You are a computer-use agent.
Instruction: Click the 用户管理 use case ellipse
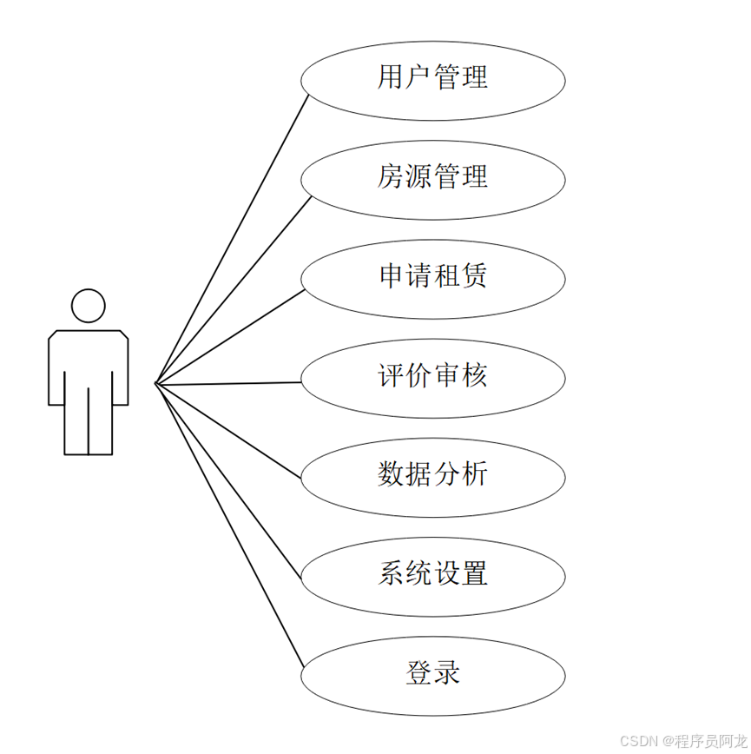(x=432, y=78)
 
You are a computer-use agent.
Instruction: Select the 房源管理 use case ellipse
(x=432, y=177)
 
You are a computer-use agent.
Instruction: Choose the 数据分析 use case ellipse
(x=432, y=475)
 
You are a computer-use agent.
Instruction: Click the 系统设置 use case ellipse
(x=432, y=574)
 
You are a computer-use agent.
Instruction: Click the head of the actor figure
(x=88, y=306)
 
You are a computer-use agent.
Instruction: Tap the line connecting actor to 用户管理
(x=233, y=238)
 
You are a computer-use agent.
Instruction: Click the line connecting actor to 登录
(x=230, y=526)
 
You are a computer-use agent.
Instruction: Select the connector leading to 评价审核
(x=228, y=382)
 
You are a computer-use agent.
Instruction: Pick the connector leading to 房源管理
(x=233, y=290)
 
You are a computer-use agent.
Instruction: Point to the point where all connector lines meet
(x=155, y=383)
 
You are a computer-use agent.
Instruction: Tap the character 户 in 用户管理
(x=418, y=77)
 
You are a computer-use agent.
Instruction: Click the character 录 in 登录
(x=447, y=673)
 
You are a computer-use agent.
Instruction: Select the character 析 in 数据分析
(x=475, y=474)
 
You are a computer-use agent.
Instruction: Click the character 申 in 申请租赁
(x=391, y=276)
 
